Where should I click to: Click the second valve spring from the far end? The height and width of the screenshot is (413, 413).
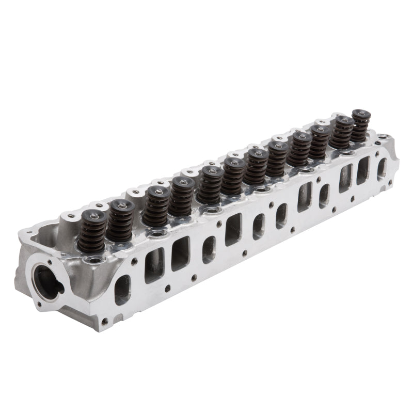[x=341, y=132]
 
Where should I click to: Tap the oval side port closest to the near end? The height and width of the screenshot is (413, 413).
[x=122, y=289]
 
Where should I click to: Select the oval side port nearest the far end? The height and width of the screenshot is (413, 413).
[x=382, y=167]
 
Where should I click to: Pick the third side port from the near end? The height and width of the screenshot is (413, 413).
[x=181, y=253]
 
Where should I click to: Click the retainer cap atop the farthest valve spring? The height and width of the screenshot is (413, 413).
[x=360, y=114]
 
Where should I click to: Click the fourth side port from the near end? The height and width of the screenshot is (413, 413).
[x=209, y=249]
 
